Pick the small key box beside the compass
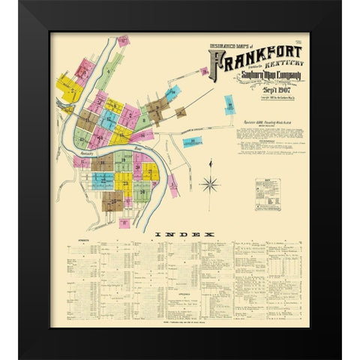pyautogui.click(x=265, y=188)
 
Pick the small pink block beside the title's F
pyautogui.click(x=204, y=72)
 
